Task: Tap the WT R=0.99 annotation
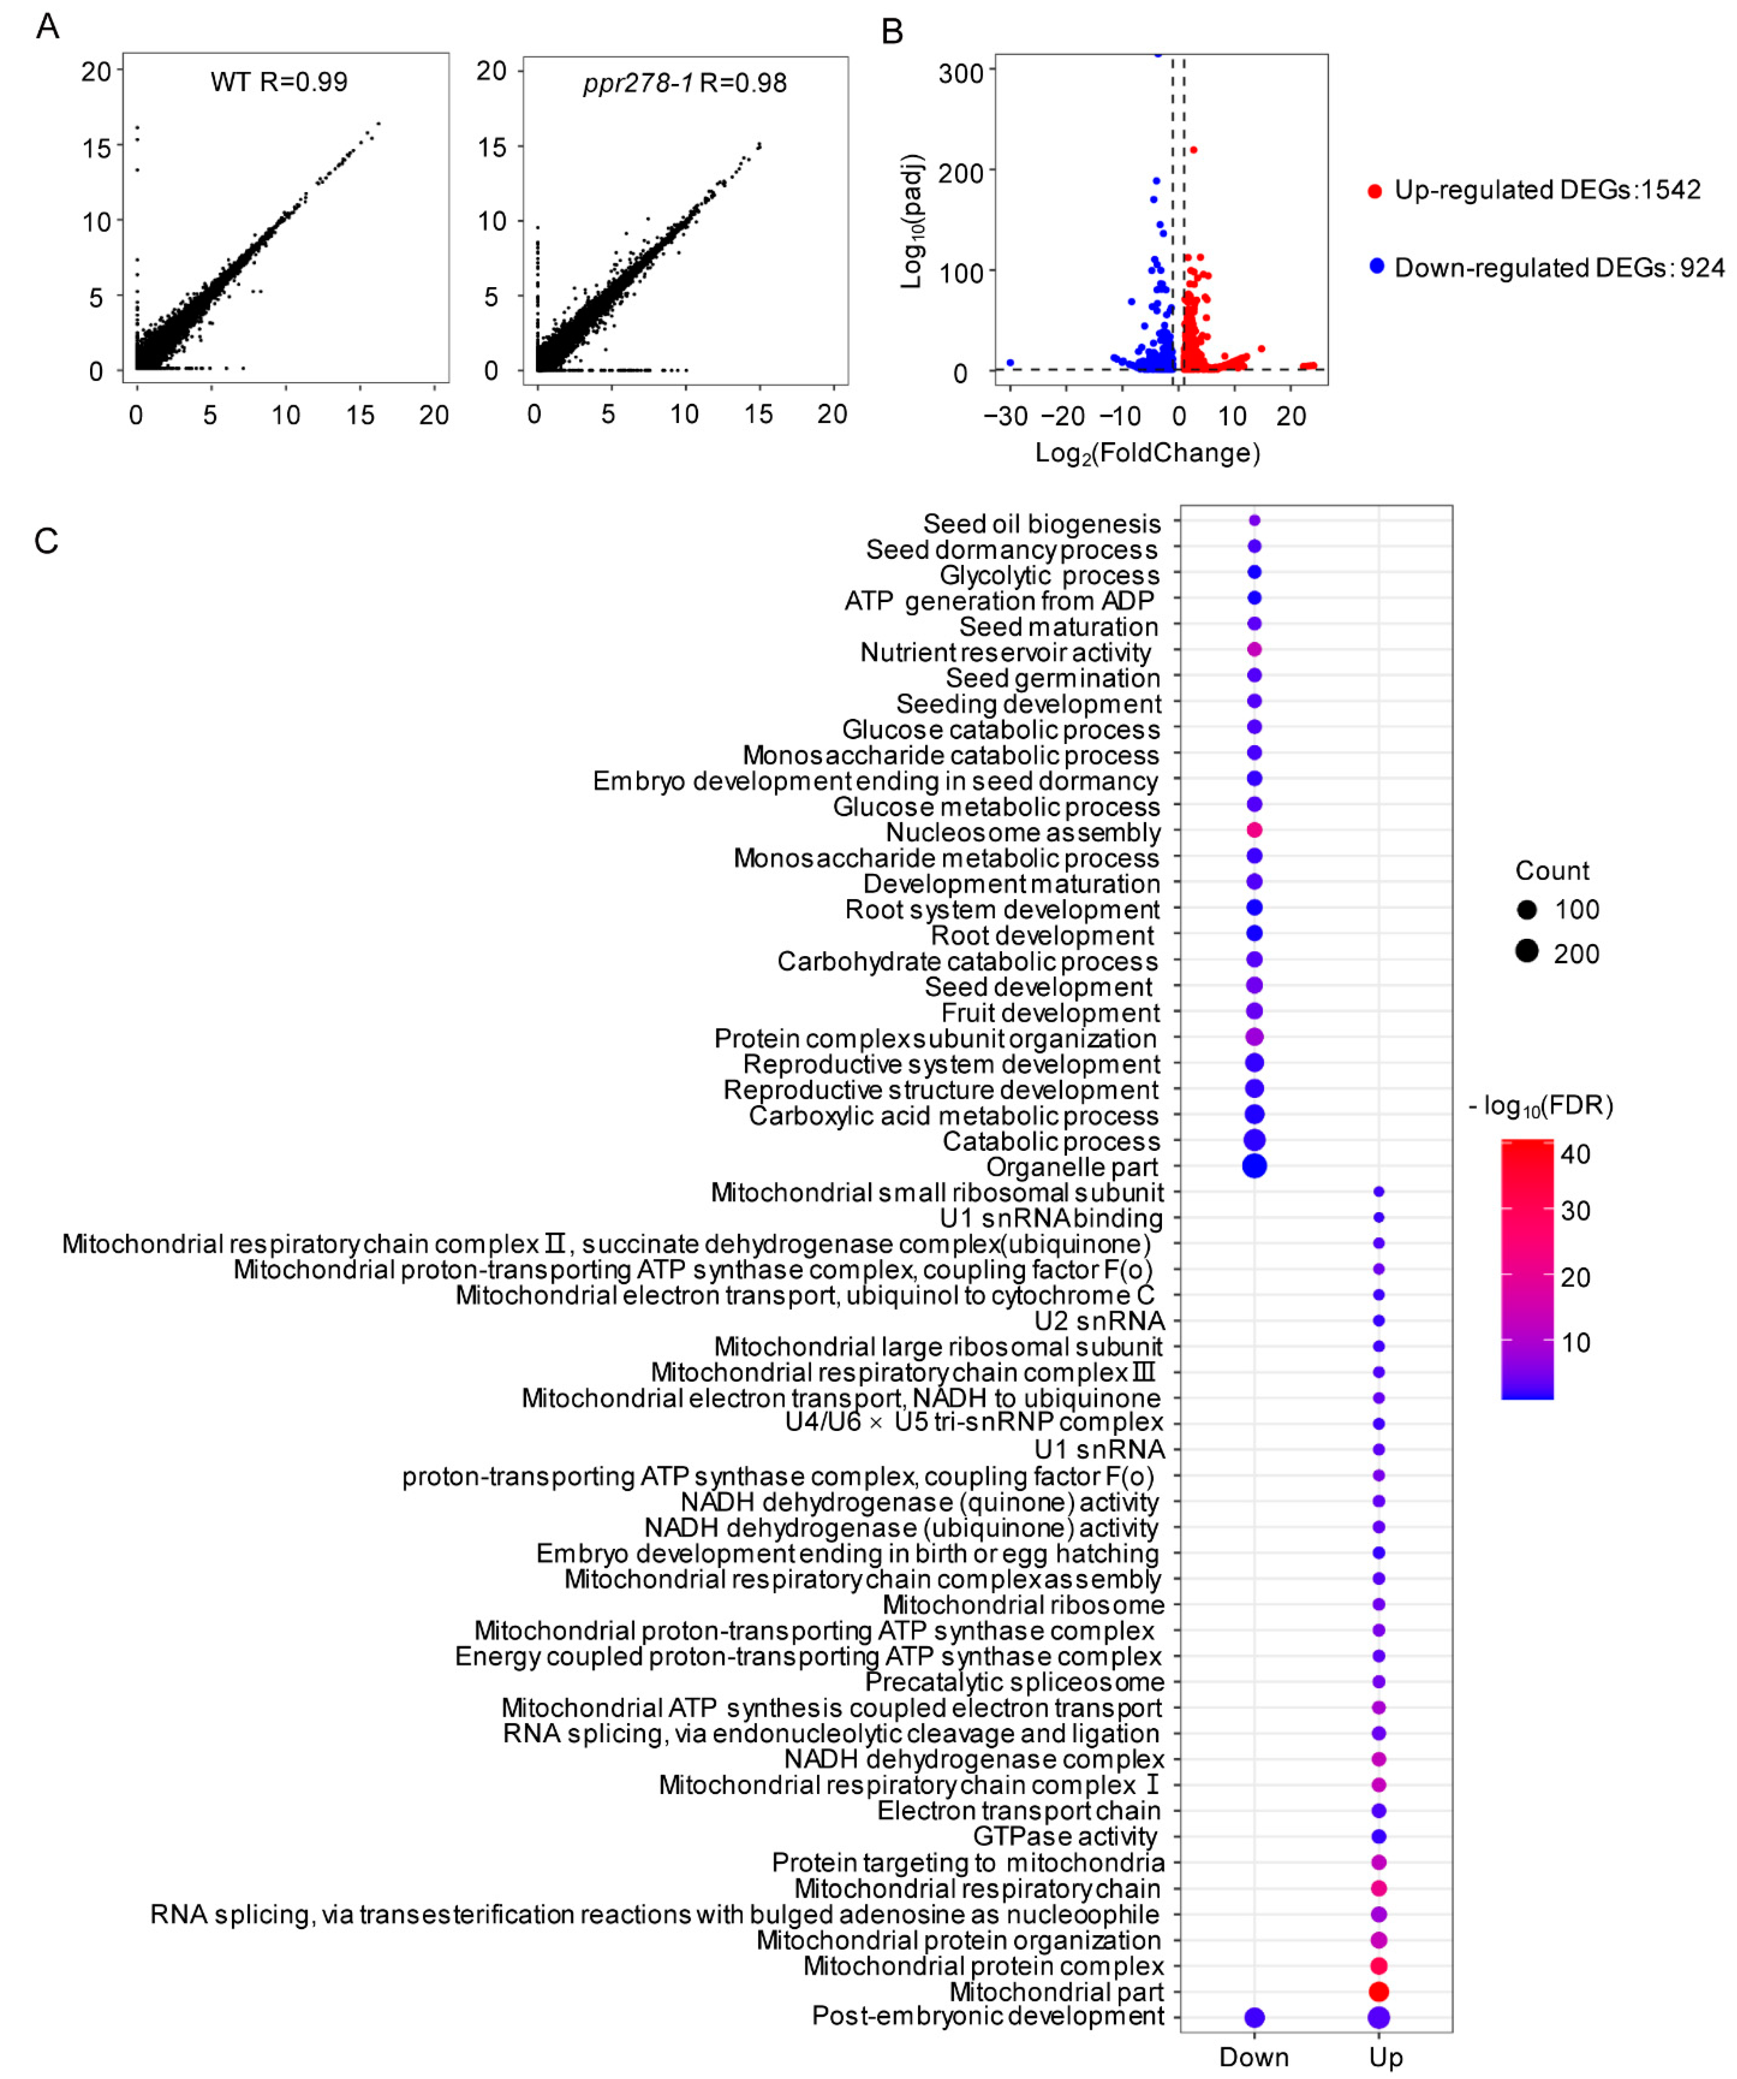(279, 82)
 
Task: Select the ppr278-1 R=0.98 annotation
(685, 83)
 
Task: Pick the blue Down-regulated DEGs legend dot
(1376, 266)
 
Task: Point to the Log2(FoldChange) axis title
(1147, 453)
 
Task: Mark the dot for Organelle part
(1254, 1166)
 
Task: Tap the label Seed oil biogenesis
(1041, 524)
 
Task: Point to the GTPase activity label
(1065, 1836)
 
